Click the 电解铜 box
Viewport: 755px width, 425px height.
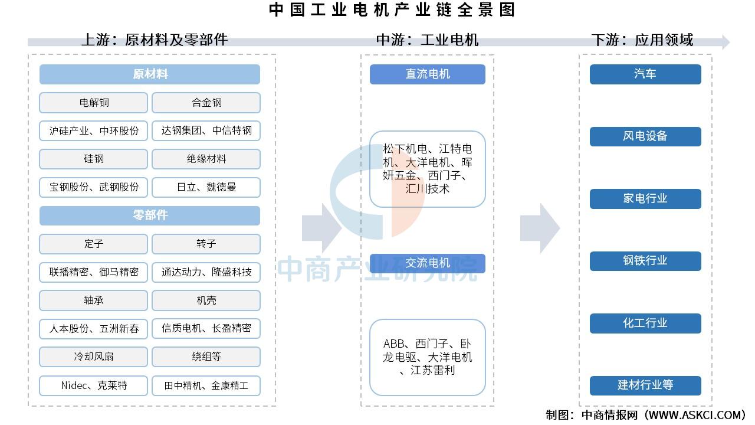tap(93, 103)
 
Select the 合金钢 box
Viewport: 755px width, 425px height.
tap(206, 103)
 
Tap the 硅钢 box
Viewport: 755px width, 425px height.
tap(93, 159)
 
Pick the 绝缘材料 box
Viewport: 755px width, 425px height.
tap(206, 159)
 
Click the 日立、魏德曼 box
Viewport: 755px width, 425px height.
tap(206, 187)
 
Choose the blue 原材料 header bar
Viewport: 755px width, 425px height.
tap(150, 74)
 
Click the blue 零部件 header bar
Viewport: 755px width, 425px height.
tap(150, 215)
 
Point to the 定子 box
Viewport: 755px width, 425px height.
tap(93, 244)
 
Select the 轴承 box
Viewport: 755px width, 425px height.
tap(93, 300)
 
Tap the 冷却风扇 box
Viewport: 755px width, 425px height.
tap(93, 357)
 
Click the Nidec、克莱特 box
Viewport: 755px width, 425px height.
tap(93, 385)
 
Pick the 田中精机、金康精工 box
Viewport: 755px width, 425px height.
tap(206, 385)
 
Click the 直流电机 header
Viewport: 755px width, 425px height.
tap(428, 74)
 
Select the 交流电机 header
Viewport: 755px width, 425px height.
tap(428, 263)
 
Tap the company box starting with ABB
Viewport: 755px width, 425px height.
tap(428, 357)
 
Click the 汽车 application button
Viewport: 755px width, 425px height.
tap(645, 74)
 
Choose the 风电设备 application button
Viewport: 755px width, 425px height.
tap(645, 136)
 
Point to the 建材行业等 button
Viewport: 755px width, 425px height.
tap(645, 385)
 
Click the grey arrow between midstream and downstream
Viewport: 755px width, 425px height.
tap(540, 228)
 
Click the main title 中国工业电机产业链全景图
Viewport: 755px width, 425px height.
tap(392, 9)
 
